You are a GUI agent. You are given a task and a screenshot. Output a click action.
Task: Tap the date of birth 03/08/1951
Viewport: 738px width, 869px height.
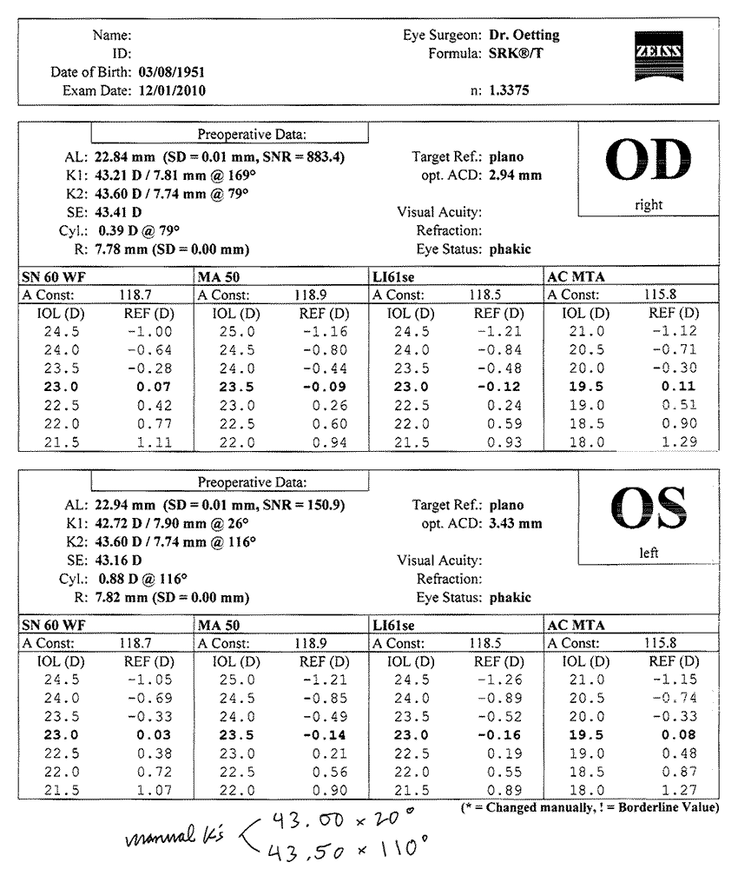point(173,72)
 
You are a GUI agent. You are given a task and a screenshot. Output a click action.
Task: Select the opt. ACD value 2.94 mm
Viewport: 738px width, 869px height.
point(515,176)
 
